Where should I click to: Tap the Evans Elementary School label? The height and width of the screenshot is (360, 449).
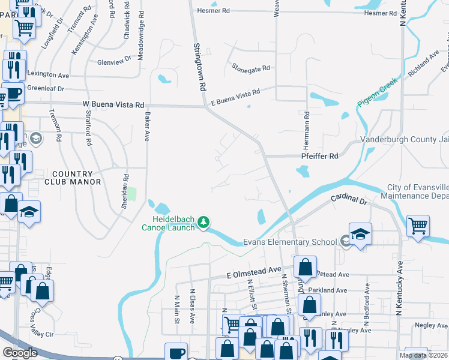tap(290, 242)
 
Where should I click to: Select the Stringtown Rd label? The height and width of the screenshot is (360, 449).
tap(199, 66)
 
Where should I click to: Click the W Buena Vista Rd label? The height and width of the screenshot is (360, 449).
tap(113, 104)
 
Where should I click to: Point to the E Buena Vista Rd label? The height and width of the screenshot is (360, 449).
tap(235, 97)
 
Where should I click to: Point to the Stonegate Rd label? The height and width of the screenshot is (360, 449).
tap(251, 69)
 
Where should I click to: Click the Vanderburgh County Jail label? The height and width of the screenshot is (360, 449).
tap(404, 140)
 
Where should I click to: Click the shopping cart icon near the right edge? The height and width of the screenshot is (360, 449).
tap(418, 226)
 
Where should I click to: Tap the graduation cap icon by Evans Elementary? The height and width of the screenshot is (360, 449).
tap(360, 234)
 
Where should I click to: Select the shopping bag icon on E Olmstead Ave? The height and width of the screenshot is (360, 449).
tap(306, 266)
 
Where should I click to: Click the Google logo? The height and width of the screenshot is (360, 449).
tap(20, 353)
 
